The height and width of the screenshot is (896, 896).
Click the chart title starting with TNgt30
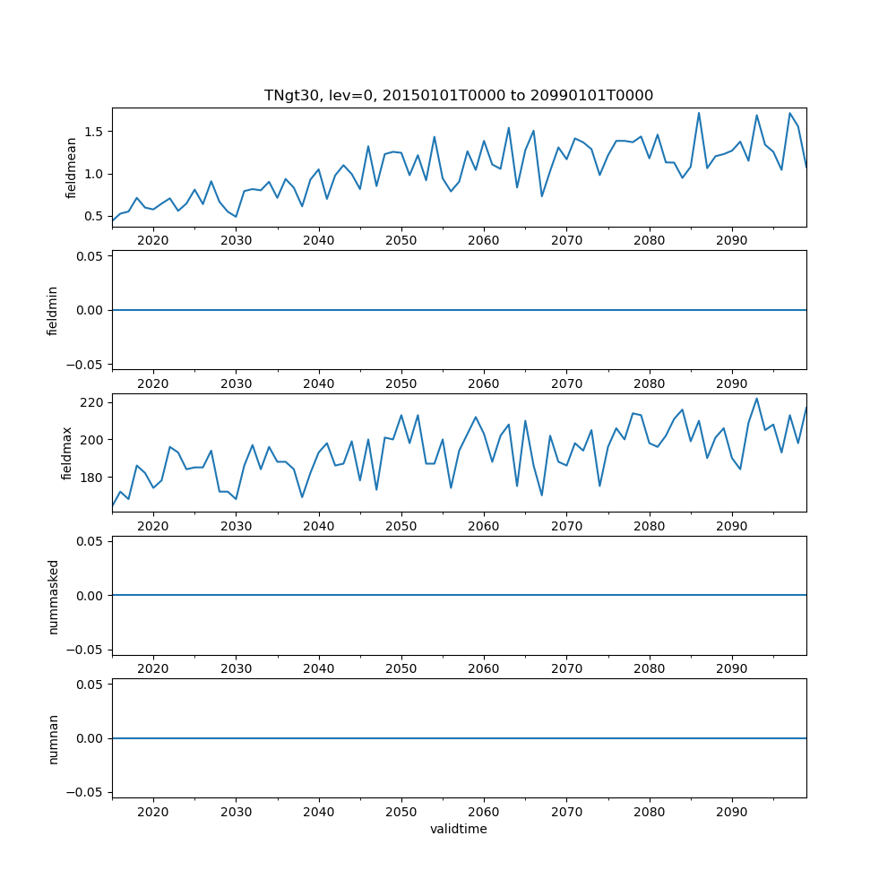tap(458, 95)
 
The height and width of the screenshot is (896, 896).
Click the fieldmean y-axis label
tap(71, 168)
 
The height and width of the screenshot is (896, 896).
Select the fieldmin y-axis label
tap(53, 310)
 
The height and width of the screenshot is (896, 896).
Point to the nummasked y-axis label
tap(53, 595)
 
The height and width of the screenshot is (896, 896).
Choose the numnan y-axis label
tap(53, 738)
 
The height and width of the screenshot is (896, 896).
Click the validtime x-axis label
tap(458, 830)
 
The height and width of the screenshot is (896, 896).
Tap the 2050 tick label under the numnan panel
tap(401, 812)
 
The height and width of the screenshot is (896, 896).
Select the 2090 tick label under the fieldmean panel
tap(731, 240)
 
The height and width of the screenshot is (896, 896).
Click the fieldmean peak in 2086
tap(699, 113)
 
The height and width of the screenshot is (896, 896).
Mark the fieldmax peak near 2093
tap(756, 399)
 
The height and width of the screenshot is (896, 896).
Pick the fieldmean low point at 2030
tap(236, 217)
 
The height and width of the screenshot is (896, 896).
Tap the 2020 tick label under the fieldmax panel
tap(153, 526)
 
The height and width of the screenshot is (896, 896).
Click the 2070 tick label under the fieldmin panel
tap(566, 383)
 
